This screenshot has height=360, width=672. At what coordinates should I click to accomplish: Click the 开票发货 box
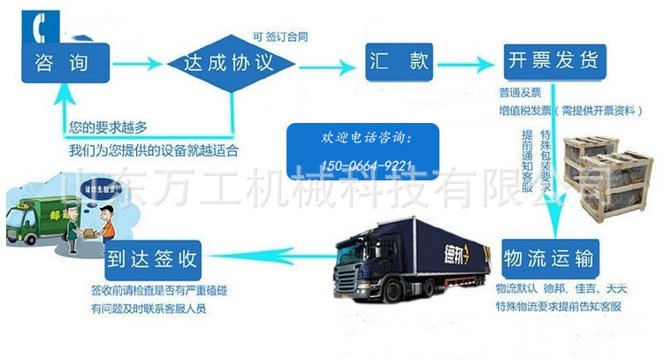click(x=552, y=60)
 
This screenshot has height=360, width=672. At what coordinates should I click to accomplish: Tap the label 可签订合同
click(x=280, y=37)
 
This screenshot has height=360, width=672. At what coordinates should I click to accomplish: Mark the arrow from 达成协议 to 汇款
click(x=326, y=64)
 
